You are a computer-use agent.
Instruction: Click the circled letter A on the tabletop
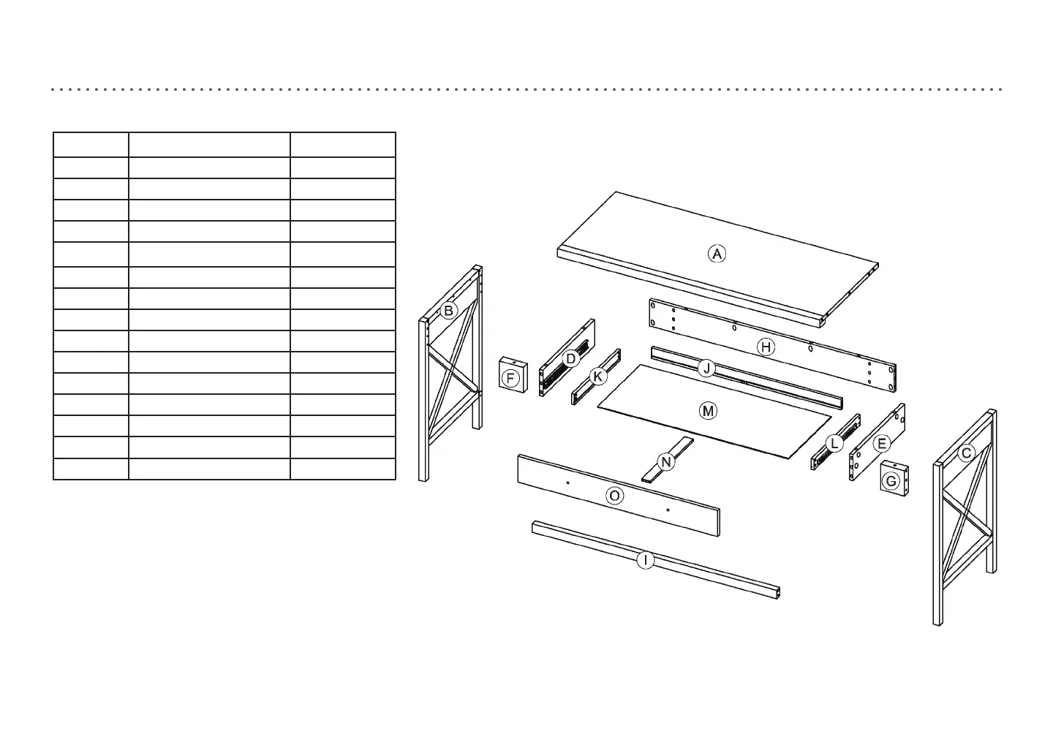(717, 254)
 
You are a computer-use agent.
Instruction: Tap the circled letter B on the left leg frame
(448, 311)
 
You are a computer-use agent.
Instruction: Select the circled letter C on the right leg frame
(966, 453)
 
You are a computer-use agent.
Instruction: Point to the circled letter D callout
(570, 359)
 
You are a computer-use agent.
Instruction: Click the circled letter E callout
(881, 444)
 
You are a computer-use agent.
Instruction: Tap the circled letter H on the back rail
(766, 347)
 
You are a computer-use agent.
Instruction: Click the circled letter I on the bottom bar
(645, 561)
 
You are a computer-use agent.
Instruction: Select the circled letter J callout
(706, 368)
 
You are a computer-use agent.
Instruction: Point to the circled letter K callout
(598, 377)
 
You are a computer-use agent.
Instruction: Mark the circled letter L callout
(834, 444)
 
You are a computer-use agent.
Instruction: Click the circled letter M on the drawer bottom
(708, 411)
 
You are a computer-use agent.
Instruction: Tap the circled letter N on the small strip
(665, 462)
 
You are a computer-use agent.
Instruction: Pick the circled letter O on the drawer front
(615, 496)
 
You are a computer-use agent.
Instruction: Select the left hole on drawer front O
(567, 483)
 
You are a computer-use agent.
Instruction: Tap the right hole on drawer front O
(668, 510)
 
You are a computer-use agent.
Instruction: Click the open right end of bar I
(778, 592)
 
